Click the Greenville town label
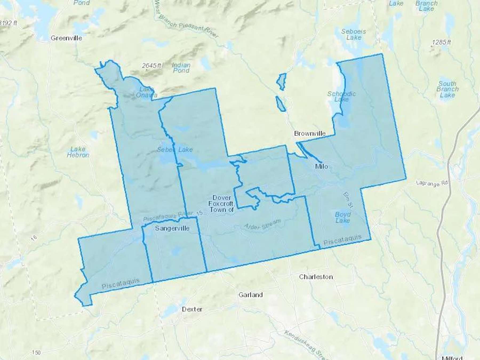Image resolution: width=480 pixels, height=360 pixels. (x=66, y=38)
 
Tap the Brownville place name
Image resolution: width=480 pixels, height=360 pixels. (x=310, y=133)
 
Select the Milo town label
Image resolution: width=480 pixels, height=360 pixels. (x=321, y=167)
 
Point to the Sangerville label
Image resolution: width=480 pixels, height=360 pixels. (x=172, y=228)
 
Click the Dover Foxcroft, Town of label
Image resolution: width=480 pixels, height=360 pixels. (x=221, y=204)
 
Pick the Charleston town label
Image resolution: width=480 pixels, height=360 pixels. (x=316, y=277)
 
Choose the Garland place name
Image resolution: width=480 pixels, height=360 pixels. (x=250, y=295)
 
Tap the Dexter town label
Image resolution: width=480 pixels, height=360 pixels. (x=192, y=309)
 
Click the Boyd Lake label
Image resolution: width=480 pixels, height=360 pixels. (x=343, y=217)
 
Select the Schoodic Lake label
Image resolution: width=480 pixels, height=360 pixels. (x=341, y=97)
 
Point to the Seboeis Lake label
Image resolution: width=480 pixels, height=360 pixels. (x=354, y=34)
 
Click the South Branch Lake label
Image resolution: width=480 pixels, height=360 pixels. (x=447, y=89)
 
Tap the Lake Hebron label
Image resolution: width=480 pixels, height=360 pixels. (x=78, y=152)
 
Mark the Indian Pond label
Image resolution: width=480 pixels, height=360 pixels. (x=181, y=68)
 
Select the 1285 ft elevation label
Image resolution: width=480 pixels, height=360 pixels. (x=441, y=42)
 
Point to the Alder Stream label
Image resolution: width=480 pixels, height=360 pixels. (x=262, y=225)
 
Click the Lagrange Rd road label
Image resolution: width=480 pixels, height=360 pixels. (x=432, y=183)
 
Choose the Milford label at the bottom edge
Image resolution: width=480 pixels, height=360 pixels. (x=452, y=358)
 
